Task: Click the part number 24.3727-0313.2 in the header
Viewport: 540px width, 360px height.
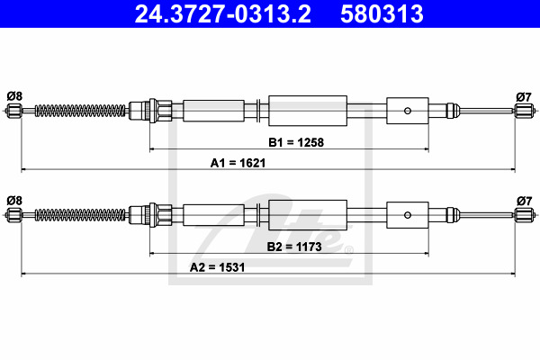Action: coord(223,14)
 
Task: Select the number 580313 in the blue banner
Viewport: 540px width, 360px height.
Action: coord(382,14)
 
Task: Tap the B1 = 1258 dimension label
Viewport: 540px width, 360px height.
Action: coord(296,142)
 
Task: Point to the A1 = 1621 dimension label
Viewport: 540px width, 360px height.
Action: coord(238,163)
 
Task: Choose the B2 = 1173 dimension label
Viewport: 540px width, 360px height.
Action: coord(294,247)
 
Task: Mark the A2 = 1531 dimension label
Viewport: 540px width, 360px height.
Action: coord(217,267)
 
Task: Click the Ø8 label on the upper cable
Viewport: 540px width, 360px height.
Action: coord(14,96)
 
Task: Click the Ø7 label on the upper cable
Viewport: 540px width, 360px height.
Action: coord(524,97)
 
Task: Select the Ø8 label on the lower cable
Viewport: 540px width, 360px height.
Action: coord(14,201)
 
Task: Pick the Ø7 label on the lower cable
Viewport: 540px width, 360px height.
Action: coord(524,201)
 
